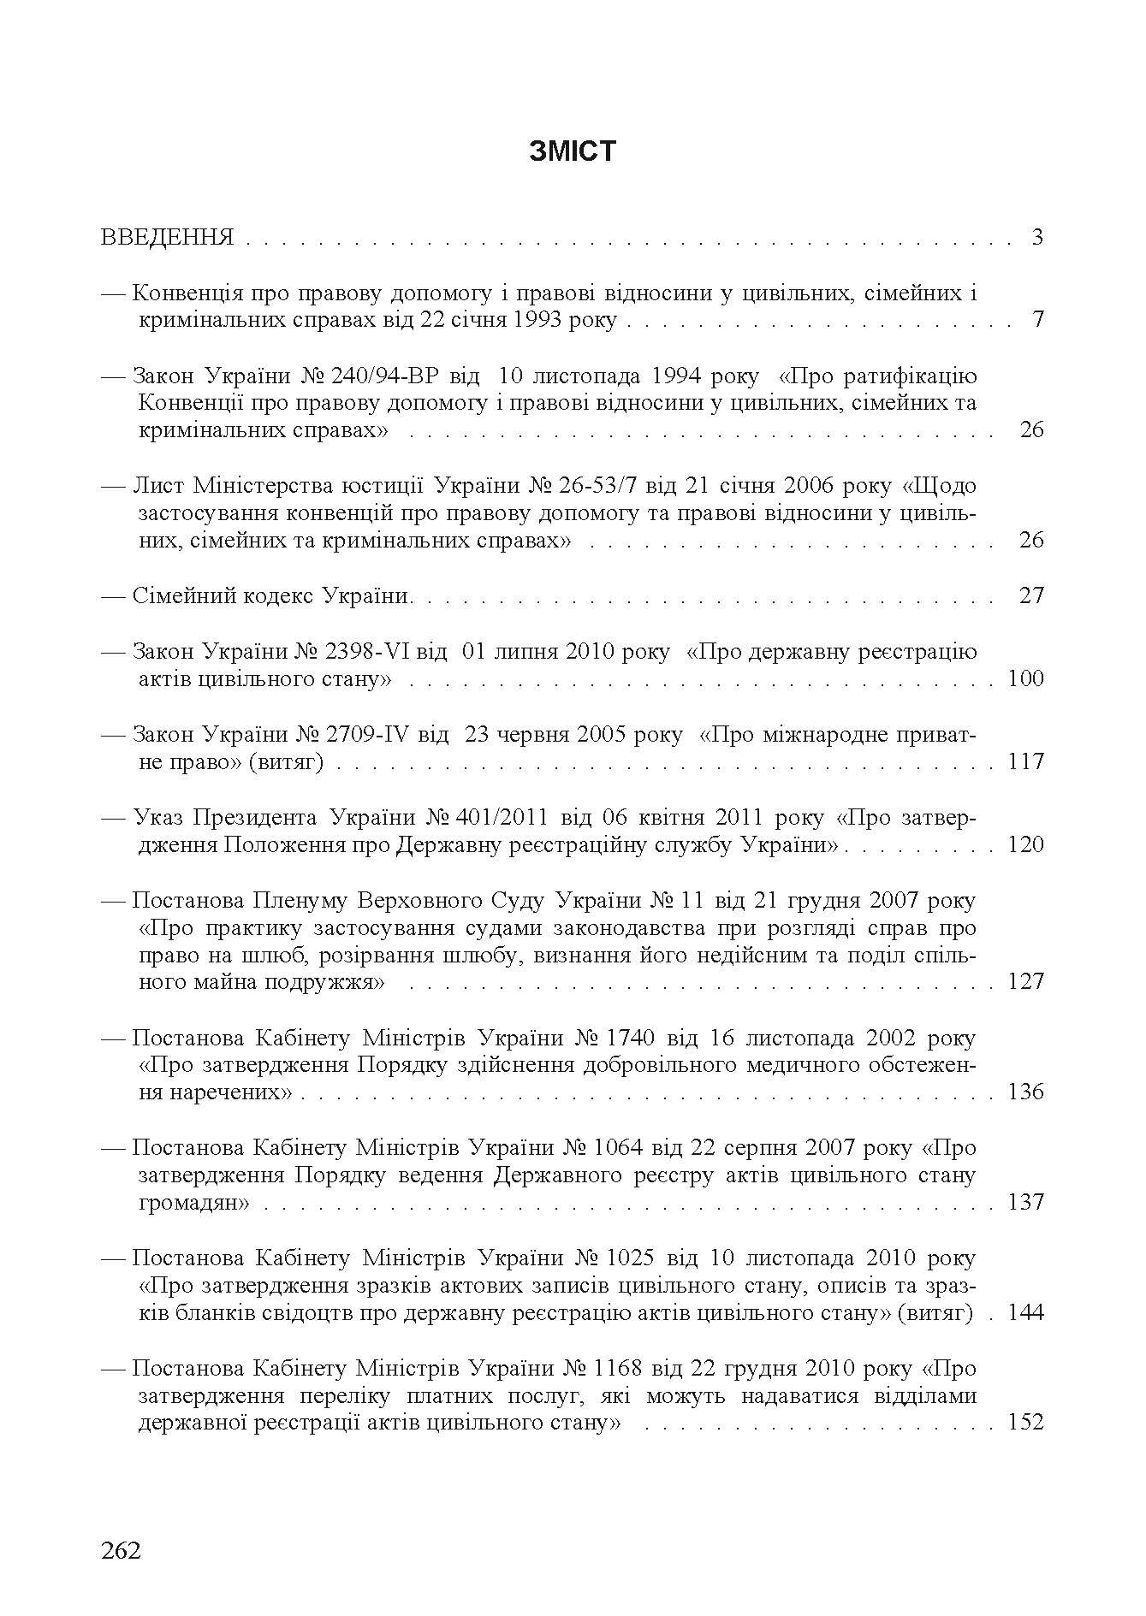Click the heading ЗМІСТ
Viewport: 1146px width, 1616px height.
click(x=573, y=151)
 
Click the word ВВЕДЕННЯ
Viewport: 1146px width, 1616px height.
click(x=167, y=237)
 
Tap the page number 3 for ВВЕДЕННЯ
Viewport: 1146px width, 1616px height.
click(x=1037, y=237)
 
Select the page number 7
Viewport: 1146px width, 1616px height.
click(x=1037, y=320)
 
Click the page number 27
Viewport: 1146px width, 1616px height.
click(x=1031, y=595)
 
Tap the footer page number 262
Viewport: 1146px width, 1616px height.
click(x=121, y=1550)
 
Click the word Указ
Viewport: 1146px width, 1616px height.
click(x=157, y=818)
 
